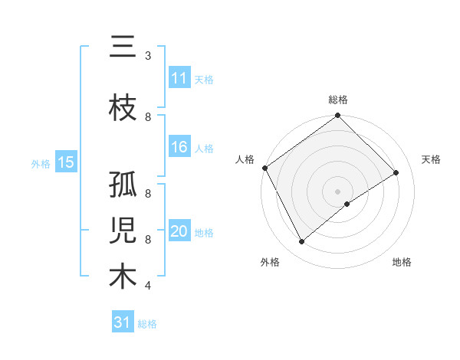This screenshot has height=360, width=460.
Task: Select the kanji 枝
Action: point(123,109)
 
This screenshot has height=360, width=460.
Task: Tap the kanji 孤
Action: point(123,186)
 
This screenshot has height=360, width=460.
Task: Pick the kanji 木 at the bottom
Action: point(123,277)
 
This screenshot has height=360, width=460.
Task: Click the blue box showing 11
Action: point(179,78)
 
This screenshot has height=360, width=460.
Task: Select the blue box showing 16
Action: point(179,147)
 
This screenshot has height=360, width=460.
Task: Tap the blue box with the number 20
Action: point(179,232)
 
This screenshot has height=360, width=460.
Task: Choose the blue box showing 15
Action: point(66,162)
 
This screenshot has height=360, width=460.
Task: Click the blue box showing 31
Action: point(123,322)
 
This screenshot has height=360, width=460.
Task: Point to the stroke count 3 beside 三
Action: point(148,56)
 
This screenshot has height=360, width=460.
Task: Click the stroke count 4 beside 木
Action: point(148,286)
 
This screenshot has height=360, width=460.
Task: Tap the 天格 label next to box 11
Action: point(204,79)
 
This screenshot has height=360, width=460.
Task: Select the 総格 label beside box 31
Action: point(147,323)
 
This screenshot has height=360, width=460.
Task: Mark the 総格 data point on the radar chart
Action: point(337,116)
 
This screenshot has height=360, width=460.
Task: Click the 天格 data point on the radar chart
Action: point(396,172)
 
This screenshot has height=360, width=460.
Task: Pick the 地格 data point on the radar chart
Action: point(347,204)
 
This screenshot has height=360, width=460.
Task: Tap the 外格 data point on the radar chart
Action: point(301,241)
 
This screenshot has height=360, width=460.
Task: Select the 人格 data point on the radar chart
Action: point(264,168)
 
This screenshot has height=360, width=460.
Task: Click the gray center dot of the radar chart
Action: point(337,191)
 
